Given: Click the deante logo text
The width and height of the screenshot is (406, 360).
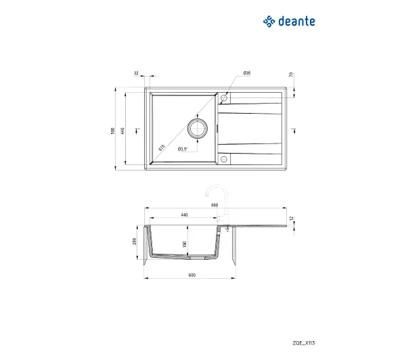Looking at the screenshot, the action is [297, 21].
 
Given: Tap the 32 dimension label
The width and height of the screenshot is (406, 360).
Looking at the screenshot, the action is [136, 73].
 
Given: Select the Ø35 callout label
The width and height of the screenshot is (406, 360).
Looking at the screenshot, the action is [247, 73].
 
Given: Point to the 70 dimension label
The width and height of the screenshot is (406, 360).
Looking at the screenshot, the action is [291, 74].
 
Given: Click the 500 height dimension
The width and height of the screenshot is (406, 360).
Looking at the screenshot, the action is [112, 131].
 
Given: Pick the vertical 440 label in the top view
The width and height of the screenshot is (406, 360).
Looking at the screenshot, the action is [122, 131].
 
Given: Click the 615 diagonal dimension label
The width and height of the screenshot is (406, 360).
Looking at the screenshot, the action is [162, 148].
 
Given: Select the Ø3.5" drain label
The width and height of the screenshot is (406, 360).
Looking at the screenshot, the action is [183, 149].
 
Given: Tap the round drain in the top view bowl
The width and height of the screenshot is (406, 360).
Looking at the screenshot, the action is [198, 128].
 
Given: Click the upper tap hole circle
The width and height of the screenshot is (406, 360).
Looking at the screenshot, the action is [224, 98].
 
